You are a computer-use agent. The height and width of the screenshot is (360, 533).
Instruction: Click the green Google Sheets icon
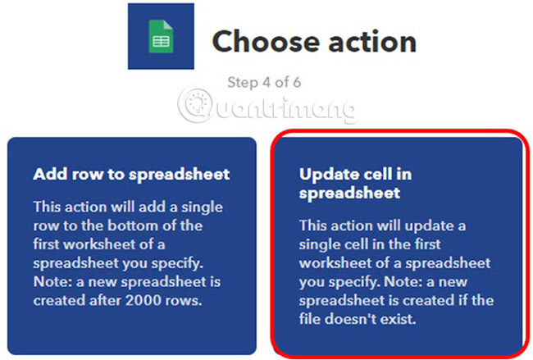pyautogui.click(x=162, y=37)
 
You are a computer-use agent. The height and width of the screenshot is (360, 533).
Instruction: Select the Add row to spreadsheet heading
pyautogui.click(x=131, y=174)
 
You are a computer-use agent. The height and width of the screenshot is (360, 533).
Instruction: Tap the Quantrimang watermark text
pyautogui.click(x=283, y=107)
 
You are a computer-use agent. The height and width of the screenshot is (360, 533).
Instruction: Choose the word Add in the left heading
pyautogui.click(x=48, y=174)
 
